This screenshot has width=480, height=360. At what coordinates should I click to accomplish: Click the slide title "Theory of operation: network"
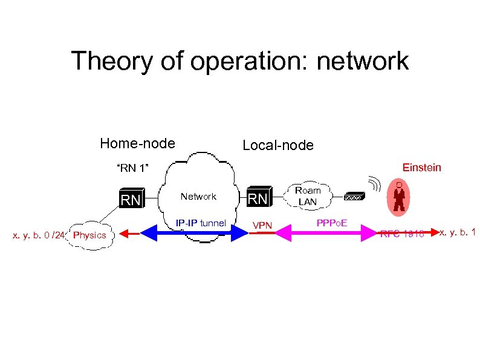point(239,61)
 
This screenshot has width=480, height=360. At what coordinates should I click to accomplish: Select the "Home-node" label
point(137,143)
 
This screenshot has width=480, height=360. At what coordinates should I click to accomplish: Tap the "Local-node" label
point(277,145)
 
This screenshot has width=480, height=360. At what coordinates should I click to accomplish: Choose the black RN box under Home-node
point(131,199)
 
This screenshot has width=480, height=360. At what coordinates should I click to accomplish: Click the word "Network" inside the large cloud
point(198,196)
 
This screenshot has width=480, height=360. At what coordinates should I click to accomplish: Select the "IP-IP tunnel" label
point(201,223)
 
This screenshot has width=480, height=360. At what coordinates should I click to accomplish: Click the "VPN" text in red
point(262,226)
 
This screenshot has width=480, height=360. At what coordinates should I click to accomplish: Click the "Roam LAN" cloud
point(308,195)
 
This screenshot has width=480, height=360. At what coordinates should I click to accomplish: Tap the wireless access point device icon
point(354,197)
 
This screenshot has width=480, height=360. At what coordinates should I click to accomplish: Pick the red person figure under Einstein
point(399,197)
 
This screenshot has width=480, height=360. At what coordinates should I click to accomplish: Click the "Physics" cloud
point(89,235)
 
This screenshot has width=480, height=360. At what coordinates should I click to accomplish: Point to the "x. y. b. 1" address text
point(457,232)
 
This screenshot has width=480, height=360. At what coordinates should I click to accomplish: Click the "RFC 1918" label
point(401,233)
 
